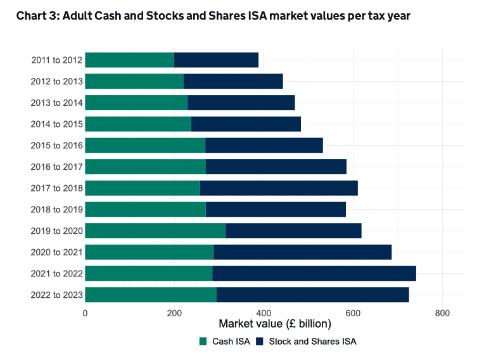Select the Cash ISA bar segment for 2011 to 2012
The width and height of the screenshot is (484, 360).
129,60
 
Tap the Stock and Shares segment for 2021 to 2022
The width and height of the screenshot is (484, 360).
314,273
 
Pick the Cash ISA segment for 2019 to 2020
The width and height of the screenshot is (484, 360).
155,231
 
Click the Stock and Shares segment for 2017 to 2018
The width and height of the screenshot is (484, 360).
279,188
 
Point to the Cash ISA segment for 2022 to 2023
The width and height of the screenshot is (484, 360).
151,295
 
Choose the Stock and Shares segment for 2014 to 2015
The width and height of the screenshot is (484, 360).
246,124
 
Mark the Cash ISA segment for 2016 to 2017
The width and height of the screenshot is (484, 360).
146,167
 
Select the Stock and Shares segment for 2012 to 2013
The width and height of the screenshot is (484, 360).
233,81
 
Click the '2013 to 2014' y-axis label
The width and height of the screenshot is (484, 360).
56,103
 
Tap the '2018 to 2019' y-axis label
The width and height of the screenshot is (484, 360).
56,209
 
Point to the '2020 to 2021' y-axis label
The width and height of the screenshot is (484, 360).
56,252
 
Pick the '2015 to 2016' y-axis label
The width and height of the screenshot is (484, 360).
56,145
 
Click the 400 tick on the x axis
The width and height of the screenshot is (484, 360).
264,312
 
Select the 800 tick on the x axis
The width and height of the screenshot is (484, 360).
442,312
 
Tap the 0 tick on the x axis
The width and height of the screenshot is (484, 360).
85,312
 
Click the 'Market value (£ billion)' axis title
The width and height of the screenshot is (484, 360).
275,325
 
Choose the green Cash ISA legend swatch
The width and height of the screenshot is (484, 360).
203,342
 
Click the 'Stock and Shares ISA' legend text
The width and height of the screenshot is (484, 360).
312,342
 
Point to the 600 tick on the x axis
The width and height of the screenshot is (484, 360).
353,312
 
